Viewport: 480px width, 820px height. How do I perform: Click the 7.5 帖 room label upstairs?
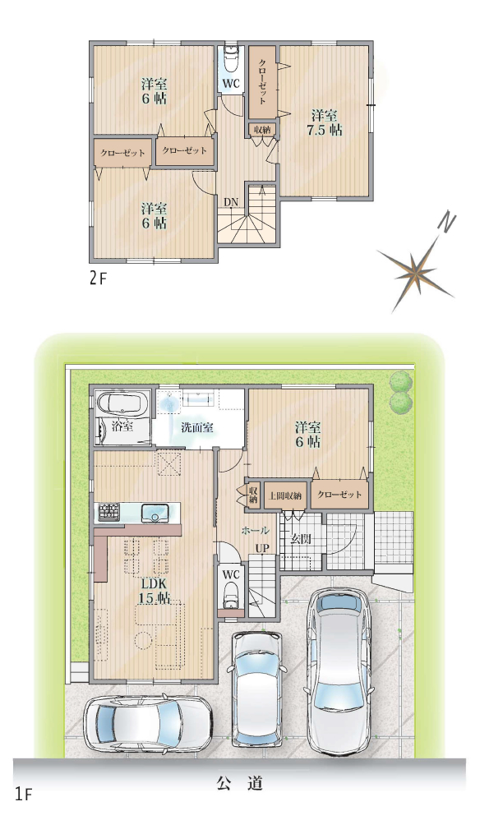(x=324, y=122)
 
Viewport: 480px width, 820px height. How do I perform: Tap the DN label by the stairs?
(x=230, y=201)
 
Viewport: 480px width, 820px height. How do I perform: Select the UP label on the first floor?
(x=262, y=549)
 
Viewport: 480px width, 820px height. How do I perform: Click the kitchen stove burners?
(x=108, y=511)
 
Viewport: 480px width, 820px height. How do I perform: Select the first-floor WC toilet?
(x=231, y=595)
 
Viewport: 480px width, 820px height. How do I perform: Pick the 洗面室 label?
(x=197, y=427)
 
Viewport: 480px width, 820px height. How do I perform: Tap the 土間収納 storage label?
(x=285, y=496)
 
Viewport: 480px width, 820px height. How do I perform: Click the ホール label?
(x=255, y=530)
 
